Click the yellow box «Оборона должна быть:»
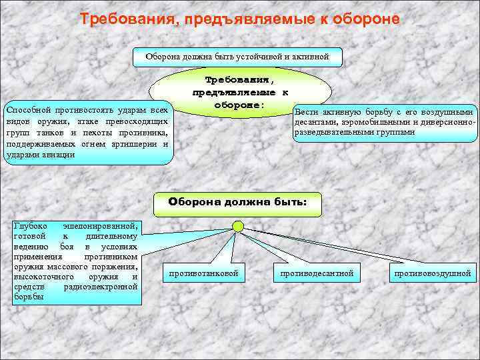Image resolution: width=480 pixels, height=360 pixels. (x=237, y=203)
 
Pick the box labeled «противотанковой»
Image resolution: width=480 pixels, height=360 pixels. (x=203, y=273)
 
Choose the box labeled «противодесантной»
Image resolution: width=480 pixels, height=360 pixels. (x=317, y=273)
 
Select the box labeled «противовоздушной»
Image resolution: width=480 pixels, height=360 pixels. (x=432, y=273)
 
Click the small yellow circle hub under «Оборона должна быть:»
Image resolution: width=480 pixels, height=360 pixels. (x=238, y=227)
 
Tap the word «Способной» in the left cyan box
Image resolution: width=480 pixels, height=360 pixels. (x=27, y=110)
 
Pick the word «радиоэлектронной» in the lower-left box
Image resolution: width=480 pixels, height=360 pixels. (x=101, y=287)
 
